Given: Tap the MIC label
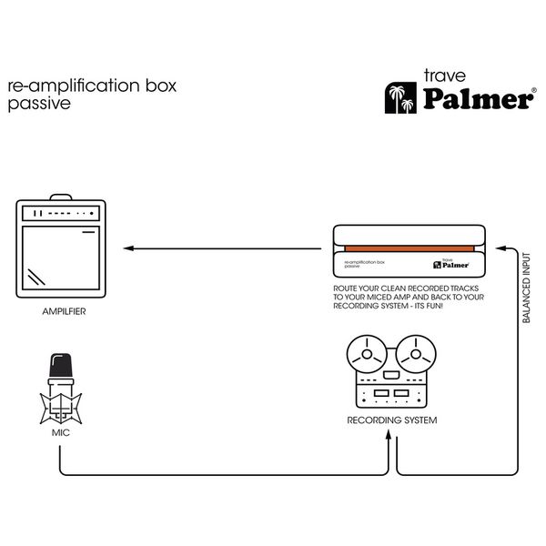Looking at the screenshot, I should pos(61,432).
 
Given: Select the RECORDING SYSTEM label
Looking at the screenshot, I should pos(392,420).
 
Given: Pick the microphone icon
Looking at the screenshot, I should pos(61,387).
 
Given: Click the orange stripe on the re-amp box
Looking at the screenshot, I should pos(408,248).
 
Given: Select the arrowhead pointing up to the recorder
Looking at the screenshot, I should pos(392,435).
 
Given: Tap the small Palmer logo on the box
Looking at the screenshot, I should pos(452,265).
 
